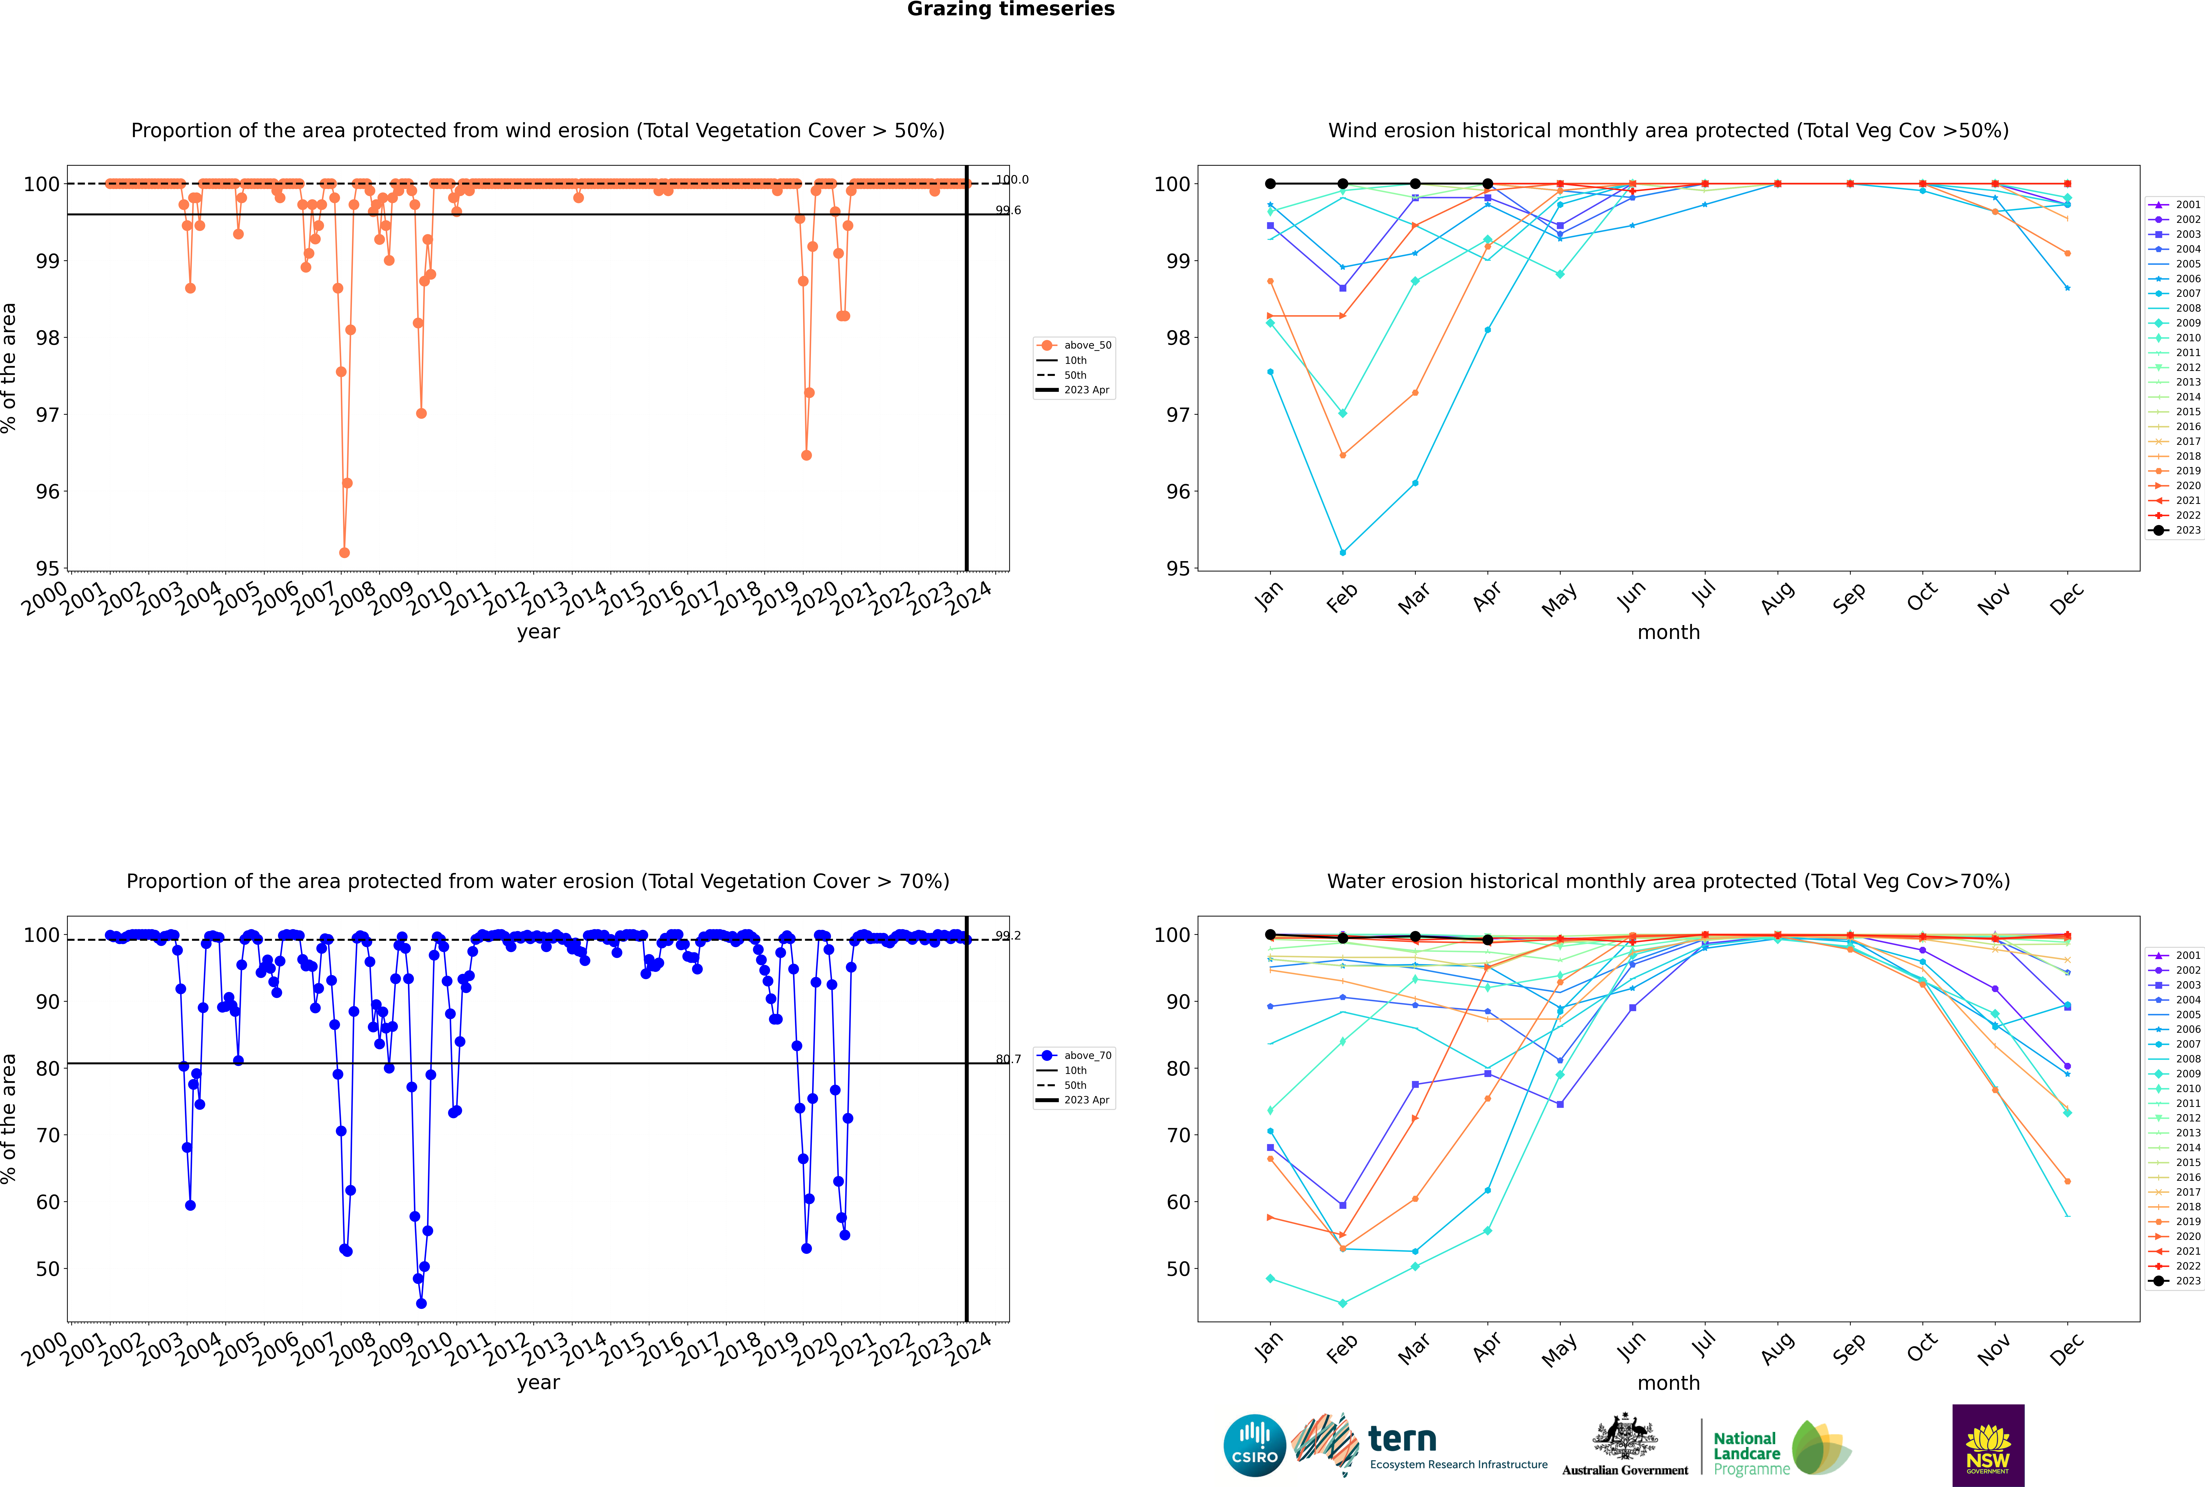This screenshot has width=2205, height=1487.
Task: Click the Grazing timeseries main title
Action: coord(1011,9)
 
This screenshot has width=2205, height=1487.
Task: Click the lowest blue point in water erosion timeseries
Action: coord(421,1303)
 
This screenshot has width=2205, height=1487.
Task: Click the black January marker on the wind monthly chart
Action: coord(1270,184)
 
